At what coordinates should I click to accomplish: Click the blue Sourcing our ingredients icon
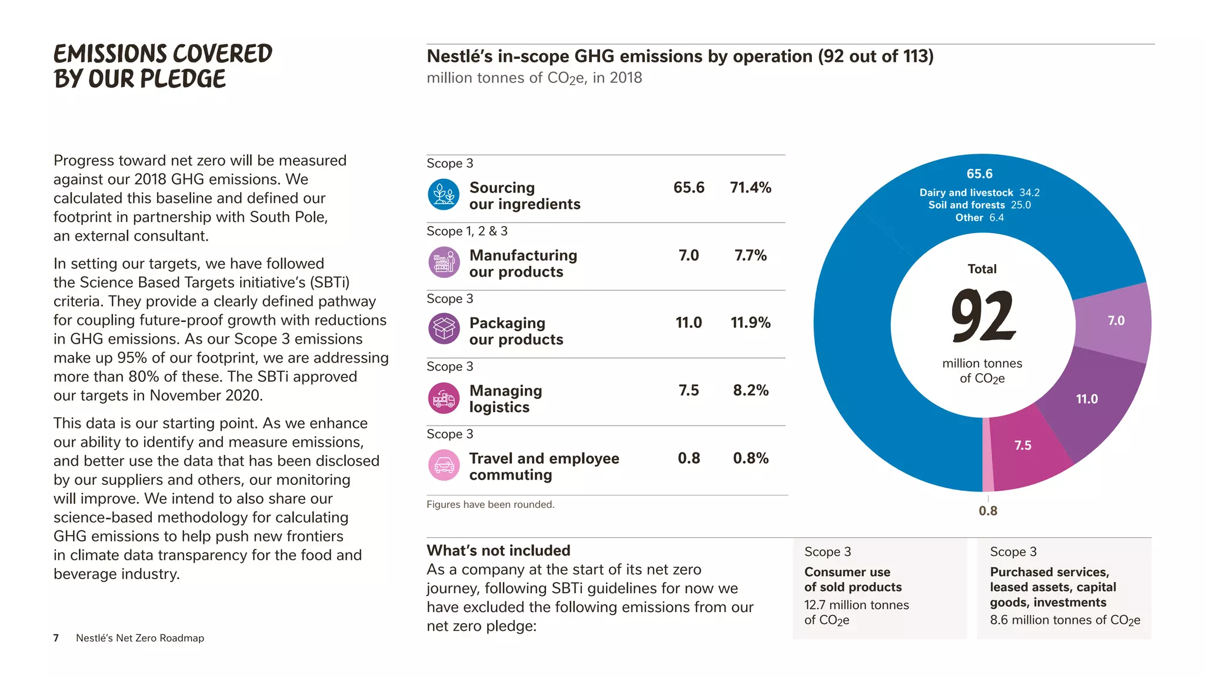click(444, 195)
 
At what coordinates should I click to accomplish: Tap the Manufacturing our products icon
click(444, 262)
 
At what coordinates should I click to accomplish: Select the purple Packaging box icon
click(444, 329)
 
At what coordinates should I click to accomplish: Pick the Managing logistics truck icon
click(444, 398)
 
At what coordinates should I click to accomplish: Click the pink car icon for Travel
click(444, 466)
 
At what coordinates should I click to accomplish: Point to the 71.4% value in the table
click(750, 188)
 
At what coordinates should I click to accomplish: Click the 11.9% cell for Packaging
click(750, 323)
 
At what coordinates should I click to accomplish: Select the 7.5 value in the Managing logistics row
click(688, 390)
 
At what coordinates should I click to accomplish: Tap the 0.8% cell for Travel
click(750, 458)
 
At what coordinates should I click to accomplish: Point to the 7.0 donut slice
click(1116, 321)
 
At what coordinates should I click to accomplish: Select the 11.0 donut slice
click(1087, 399)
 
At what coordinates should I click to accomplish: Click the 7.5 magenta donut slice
click(1023, 446)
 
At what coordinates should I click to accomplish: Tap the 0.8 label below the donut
click(988, 511)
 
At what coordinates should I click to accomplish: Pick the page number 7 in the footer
click(56, 638)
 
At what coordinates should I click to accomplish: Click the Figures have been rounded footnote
click(490, 504)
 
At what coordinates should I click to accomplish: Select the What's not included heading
click(498, 550)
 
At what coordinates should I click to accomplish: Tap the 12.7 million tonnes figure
click(856, 605)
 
